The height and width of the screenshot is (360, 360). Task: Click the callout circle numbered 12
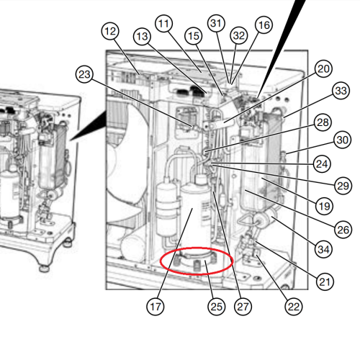[110, 31]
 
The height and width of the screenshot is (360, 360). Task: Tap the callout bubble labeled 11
[164, 24]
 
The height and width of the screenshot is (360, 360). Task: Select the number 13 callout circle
[142, 37]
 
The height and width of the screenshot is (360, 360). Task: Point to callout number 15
[194, 36]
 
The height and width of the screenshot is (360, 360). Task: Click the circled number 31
[216, 23]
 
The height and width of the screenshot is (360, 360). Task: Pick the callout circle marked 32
[239, 35]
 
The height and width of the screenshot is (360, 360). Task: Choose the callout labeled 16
[264, 25]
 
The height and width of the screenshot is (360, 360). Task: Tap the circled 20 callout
[323, 69]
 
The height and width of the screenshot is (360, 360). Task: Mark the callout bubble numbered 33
[341, 91]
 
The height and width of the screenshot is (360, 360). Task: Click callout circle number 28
[323, 122]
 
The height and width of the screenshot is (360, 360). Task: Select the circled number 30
[342, 140]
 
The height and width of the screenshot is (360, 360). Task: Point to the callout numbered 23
[84, 74]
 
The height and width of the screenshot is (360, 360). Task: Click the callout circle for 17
[156, 307]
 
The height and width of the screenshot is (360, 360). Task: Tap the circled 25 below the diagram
[216, 307]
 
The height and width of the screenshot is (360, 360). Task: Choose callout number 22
[294, 307]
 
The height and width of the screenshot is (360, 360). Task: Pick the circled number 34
[323, 249]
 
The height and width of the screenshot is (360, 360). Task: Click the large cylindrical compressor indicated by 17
[195, 216]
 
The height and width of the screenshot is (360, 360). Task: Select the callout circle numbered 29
[343, 186]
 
